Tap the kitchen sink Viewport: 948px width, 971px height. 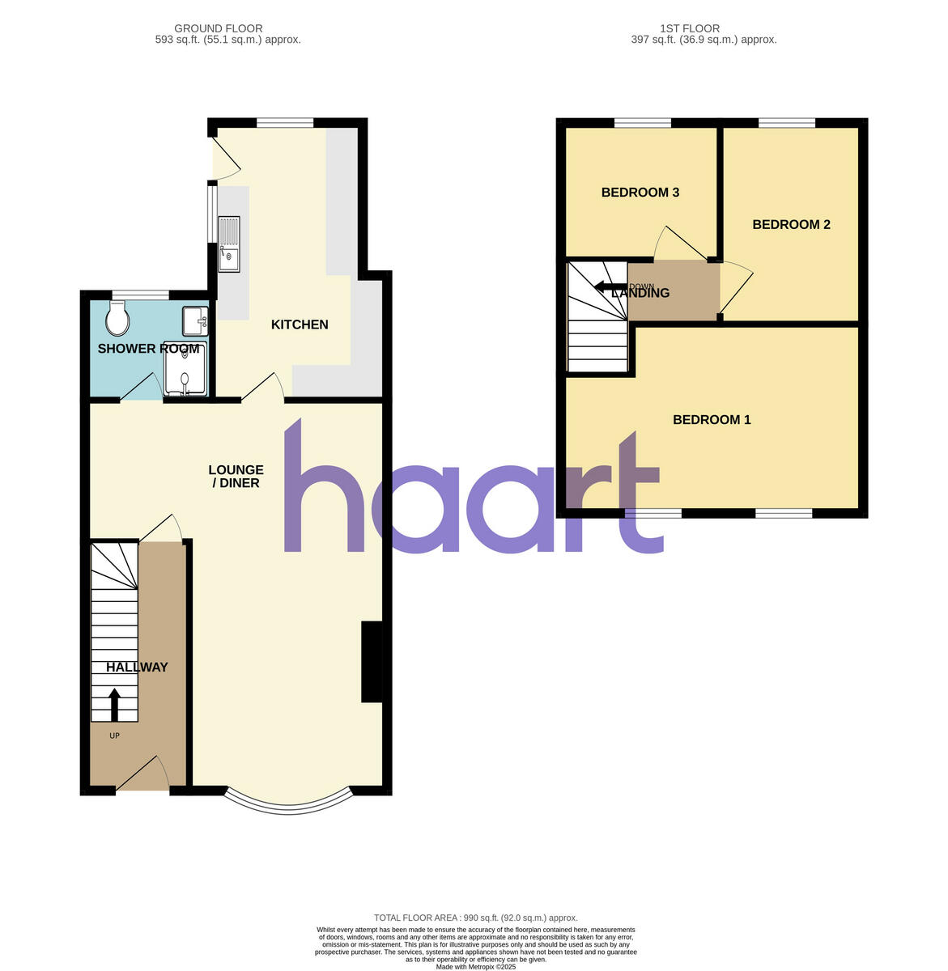point(228,244)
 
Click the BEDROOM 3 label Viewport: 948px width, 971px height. point(640,193)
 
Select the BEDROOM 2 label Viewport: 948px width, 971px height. point(791,225)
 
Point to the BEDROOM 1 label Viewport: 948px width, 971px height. point(712,420)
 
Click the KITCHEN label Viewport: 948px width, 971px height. point(300,324)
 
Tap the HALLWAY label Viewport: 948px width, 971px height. point(137,668)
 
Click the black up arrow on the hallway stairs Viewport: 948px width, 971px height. point(114,704)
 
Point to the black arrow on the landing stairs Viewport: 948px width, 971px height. point(605,286)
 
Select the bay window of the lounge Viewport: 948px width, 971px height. point(288,803)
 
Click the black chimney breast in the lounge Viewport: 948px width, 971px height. point(371,661)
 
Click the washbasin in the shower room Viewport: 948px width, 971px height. point(195,320)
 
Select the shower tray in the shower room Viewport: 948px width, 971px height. point(185,369)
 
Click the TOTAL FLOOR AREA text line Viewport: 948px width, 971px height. point(475,918)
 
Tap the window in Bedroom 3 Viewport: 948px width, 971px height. point(642,123)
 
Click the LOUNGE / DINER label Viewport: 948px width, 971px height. point(236,477)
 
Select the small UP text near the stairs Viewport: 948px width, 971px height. point(114,736)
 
